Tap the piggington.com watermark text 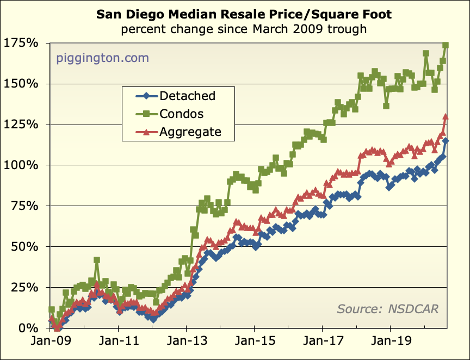pos(102,58)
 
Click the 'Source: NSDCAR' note pos(387,309)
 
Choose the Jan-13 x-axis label pos(186,343)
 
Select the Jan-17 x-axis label pos(322,343)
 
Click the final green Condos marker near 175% pos(446,46)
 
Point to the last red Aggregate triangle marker pos(446,116)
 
